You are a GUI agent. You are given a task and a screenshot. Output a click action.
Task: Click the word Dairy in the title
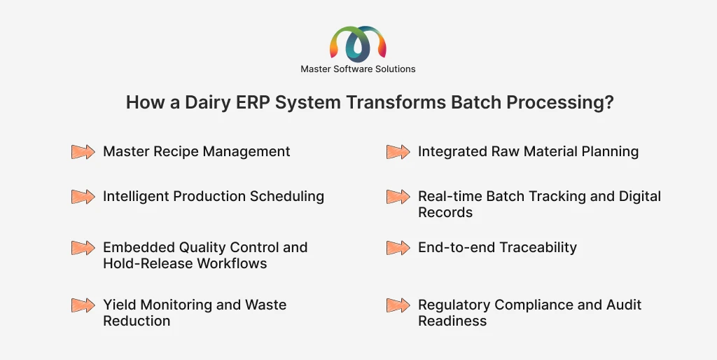point(207,102)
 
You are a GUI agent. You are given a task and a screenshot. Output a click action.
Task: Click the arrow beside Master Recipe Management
point(83,152)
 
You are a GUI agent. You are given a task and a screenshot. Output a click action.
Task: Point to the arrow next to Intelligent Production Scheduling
point(83,197)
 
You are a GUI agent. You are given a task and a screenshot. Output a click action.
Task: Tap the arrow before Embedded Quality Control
point(83,248)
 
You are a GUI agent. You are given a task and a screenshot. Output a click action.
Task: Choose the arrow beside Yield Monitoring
point(83,305)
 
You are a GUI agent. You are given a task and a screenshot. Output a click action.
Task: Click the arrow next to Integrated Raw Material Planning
point(398,152)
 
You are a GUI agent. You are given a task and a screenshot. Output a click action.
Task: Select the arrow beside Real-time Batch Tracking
point(398,197)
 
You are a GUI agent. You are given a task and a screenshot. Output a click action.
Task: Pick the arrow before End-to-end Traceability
point(398,248)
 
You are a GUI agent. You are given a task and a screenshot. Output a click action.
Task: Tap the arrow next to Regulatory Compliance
point(398,305)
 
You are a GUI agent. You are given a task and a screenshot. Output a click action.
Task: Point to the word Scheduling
point(286,197)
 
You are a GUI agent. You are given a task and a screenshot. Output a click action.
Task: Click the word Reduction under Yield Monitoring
point(137,321)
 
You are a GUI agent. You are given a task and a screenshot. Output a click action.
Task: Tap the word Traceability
point(537,247)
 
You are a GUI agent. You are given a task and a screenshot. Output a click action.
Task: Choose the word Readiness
point(452,321)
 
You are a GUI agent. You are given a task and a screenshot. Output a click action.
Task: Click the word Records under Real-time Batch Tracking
point(445,212)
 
